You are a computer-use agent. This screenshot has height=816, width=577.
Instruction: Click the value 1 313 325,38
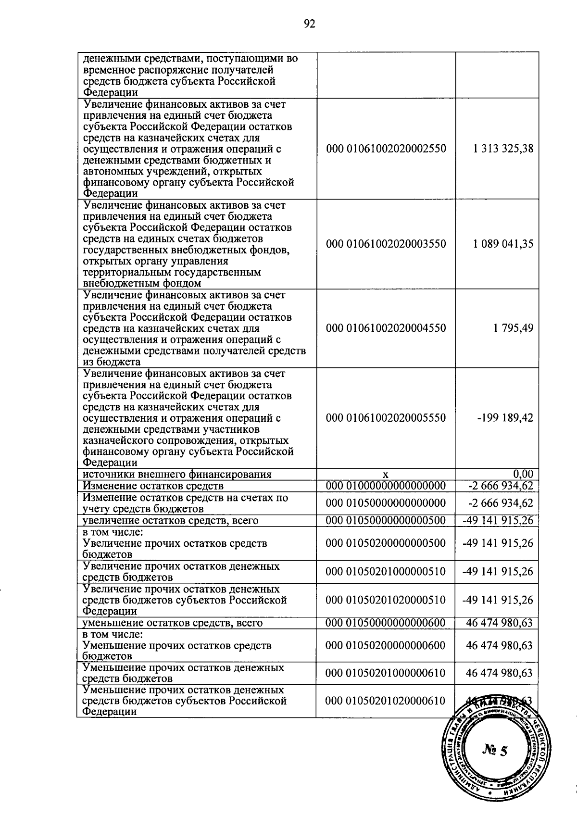pyautogui.click(x=503, y=149)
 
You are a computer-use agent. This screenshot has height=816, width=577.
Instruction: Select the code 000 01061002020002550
pyautogui.click(x=386, y=149)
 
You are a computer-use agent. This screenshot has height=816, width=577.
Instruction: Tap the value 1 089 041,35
pyautogui.click(x=503, y=244)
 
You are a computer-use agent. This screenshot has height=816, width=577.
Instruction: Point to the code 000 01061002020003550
pyautogui.click(x=386, y=244)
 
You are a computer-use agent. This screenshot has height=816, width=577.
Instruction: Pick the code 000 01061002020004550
pyautogui.click(x=386, y=328)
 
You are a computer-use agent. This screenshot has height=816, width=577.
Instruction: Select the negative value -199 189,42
pyautogui.click(x=505, y=417)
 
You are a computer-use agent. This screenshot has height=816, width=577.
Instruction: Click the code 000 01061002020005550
pyautogui.click(x=386, y=417)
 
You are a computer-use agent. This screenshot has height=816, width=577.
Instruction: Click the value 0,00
pyautogui.click(x=523, y=475)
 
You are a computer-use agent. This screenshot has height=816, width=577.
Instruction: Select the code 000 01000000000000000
pyautogui.click(x=386, y=486)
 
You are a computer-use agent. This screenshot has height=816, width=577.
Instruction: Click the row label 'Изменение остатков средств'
pyautogui.click(x=153, y=486)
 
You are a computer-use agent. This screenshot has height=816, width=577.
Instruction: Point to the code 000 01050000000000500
pyautogui.click(x=386, y=520)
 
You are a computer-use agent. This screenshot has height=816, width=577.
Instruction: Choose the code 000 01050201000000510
pyautogui.click(x=386, y=572)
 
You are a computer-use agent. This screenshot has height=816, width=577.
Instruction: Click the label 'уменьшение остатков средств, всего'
pyautogui.click(x=173, y=623)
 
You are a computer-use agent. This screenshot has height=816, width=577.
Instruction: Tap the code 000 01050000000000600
pyautogui.click(x=386, y=623)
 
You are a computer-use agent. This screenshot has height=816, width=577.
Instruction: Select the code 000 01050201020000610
pyautogui.click(x=386, y=701)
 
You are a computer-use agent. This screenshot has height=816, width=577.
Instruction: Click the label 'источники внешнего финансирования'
pyautogui.click(x=177, y=475)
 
